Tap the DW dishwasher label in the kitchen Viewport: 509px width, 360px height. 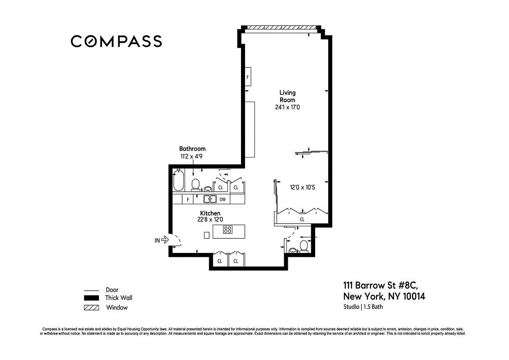click(x=223, y=198)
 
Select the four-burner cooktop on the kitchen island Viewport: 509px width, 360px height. click(x=228, y=230)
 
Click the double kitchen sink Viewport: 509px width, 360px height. click(x=210, y=198)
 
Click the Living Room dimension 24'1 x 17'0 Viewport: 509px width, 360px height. click(x=288, y=108)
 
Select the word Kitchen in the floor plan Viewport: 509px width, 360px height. click(x=210, y=213)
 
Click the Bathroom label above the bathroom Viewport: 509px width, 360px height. click(x=192, y=148)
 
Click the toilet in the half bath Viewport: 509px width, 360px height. click(x=304, y=246)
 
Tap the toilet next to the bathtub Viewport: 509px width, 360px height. click(x=196, y=184)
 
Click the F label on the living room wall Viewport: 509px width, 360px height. click(x=247, y=77)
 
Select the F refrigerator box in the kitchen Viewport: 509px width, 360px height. click(x=188, y=198)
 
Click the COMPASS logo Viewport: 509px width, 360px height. click(x=116, y=41)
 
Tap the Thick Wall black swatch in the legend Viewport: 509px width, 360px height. click(x=91, y=298)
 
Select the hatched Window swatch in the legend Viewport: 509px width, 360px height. click(x=91, y=308)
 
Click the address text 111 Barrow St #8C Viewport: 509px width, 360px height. click(x=381, y=285)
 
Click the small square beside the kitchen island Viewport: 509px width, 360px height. click(x=206, y=235)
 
